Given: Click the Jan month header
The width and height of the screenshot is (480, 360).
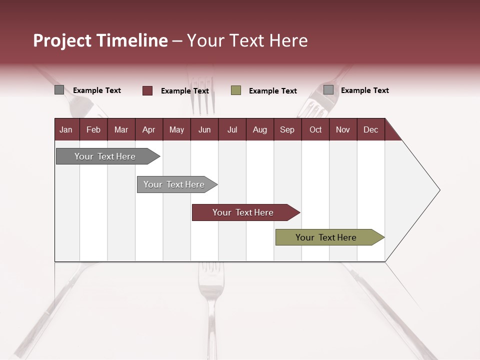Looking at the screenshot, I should (66, 129).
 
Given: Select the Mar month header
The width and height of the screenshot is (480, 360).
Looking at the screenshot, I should (121, 129).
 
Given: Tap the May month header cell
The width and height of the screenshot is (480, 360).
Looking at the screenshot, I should (176, 129).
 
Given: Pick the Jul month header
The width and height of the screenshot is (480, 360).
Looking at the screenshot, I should (232, 129).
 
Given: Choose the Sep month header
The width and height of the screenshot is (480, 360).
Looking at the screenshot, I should (287, 129).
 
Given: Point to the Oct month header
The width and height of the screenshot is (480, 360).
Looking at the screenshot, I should (315, 129).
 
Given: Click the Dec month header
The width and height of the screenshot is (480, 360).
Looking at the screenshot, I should (370, 129).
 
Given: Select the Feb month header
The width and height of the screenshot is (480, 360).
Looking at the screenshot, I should (93, 129).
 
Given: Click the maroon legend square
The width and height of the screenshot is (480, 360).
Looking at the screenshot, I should (147, 90).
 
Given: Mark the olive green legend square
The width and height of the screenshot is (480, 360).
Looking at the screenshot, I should (236, 90).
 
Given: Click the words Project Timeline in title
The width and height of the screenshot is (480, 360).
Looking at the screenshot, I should (100, 40).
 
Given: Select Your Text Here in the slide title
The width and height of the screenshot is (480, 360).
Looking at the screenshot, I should (247, 40).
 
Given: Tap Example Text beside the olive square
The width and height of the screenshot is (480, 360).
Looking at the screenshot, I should (273, 91).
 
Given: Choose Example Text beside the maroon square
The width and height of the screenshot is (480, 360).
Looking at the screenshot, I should (185, 91).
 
